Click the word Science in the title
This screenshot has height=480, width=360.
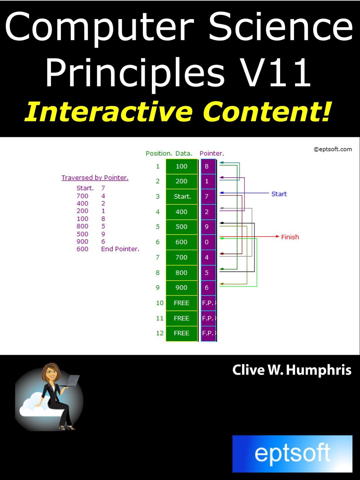click(x=281, y=27)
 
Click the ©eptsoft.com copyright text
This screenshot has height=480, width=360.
click(x=332, y=149)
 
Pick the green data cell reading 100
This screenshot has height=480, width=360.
click(x=181, y=166)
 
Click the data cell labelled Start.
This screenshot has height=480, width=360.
click(x=182, y=197)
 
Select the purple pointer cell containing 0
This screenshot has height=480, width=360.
click(x=207, y=242)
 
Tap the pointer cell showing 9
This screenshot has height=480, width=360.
click(x=207, y=227)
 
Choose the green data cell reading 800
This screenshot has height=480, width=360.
click(x=181, y=273)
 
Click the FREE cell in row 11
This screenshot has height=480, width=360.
click(x=181, y=318)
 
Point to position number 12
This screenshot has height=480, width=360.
click(x=159, y=333)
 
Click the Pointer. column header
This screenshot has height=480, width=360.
click(x=212, y=153)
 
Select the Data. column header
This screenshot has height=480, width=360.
click(x=184, y=153)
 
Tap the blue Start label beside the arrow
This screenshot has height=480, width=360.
click(x=279, y=194)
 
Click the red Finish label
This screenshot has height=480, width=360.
click(x=290, y=237)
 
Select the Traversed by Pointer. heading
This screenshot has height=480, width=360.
click(x=95, y=178)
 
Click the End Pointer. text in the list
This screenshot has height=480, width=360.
click(x=120, y=249)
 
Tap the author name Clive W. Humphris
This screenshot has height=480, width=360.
click(x=292, y=370)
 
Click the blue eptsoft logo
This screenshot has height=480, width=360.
click(x=292, y=453)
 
